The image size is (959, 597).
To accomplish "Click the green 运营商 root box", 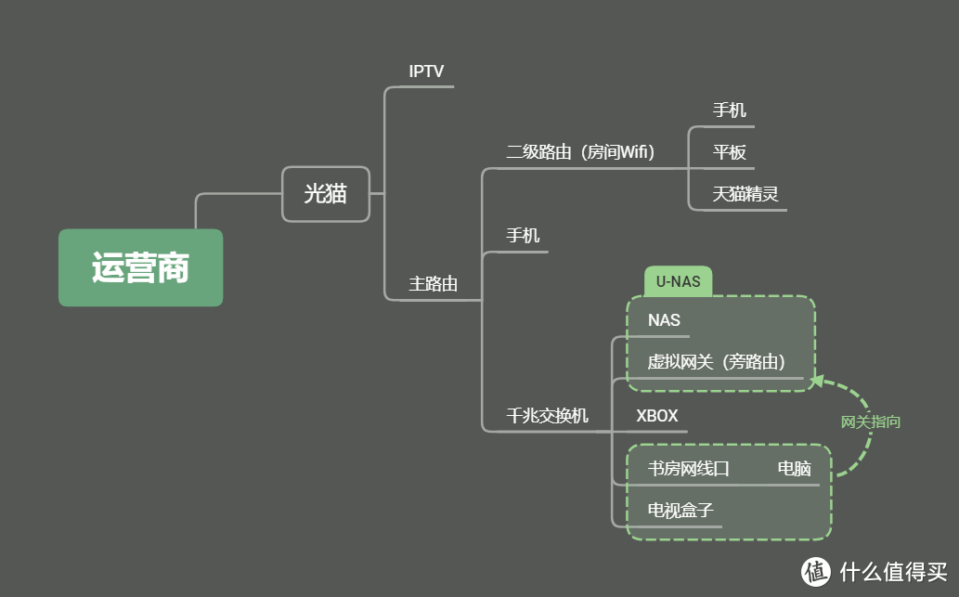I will coord(140,267).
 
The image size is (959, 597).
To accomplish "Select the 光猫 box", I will coord(325,193).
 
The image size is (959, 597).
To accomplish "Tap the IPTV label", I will coord(426,71).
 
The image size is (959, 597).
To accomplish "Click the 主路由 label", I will coord(434,283).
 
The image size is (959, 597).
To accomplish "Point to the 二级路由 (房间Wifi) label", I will coord(579,152).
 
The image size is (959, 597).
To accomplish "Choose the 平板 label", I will coord(729,152).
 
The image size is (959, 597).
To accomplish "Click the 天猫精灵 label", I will coord(745,195).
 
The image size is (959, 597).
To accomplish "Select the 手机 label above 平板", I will coord(729,110).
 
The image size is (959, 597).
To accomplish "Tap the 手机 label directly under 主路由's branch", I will coord(522,235).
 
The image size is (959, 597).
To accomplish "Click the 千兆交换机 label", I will coord(547,415).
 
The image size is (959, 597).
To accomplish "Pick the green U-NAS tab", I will coord(678,281).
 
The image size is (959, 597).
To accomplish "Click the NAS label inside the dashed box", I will coord(664,320).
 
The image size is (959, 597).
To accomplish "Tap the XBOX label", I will coord(656,416).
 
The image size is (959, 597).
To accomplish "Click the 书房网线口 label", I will coord(688,469).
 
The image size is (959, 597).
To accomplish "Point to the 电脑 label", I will coord(794,469).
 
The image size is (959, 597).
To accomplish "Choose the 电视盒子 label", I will coord(680,510).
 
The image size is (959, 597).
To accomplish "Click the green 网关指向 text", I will coord(870,422).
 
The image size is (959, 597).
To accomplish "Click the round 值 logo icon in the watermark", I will coord(817,569).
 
